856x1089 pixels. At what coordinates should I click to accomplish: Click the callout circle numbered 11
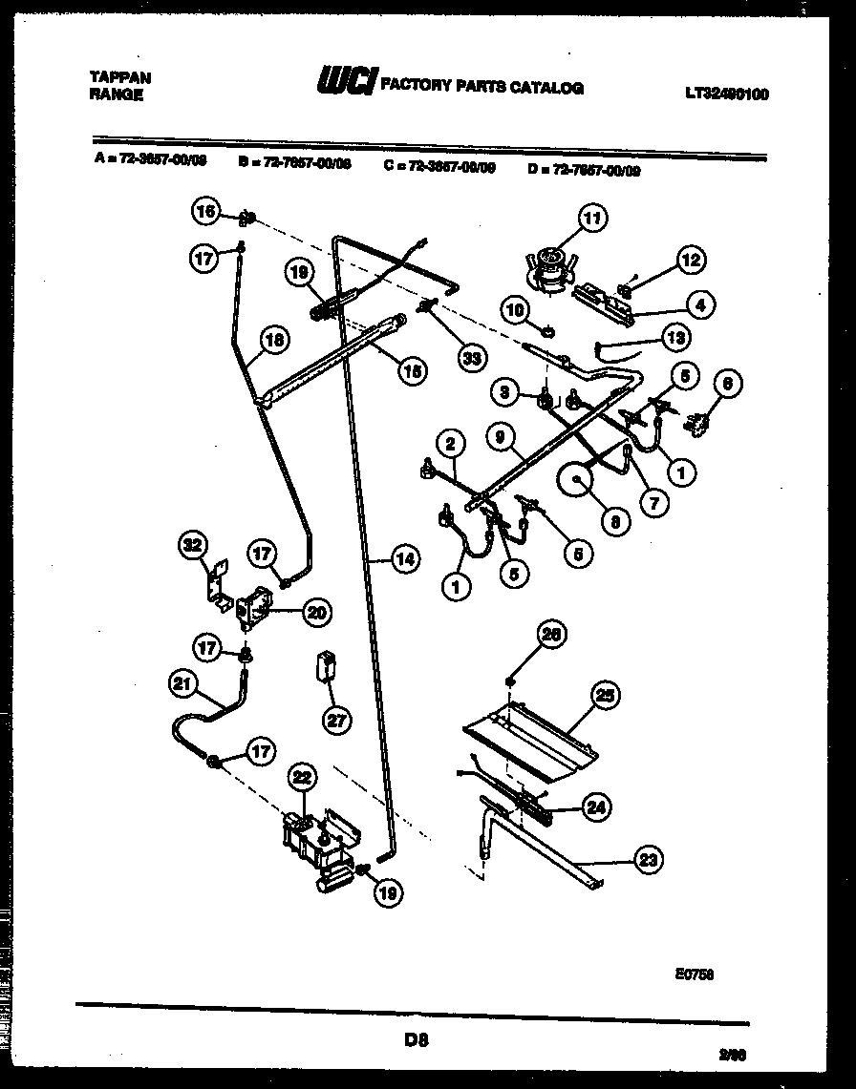591,219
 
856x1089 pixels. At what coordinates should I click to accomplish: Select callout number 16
206,212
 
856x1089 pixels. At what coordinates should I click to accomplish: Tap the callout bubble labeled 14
405,560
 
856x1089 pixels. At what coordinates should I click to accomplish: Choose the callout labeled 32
194,546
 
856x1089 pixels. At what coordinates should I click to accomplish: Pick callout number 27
336,720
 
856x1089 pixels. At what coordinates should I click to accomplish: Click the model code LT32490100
726,94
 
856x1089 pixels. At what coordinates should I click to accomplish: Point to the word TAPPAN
120,77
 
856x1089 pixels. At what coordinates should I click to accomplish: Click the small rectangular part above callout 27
327,665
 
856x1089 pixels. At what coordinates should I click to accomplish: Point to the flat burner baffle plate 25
530,730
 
